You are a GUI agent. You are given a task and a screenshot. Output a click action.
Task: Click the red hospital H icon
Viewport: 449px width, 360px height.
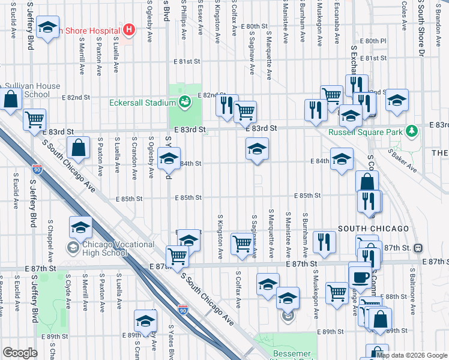click(127, 29)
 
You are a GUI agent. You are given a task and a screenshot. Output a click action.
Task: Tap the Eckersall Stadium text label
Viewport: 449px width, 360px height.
click(142, 103)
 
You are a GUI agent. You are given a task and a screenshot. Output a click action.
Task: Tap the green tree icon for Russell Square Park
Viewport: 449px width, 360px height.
click(411, 130)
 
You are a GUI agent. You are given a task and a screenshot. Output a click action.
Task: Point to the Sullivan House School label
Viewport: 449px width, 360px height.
click(33, 90)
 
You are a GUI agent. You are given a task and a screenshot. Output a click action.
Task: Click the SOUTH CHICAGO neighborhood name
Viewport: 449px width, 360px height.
click(373, 229)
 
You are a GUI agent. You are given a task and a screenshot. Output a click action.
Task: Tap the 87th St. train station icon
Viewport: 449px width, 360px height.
click(418, 248)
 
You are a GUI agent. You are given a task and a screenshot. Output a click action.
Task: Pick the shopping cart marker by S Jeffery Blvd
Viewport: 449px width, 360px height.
click(35, 119)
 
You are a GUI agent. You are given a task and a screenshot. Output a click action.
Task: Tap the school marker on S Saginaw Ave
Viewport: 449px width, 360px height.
click(257, 149)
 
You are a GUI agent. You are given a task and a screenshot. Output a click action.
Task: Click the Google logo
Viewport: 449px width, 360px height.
click(20, 353)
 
